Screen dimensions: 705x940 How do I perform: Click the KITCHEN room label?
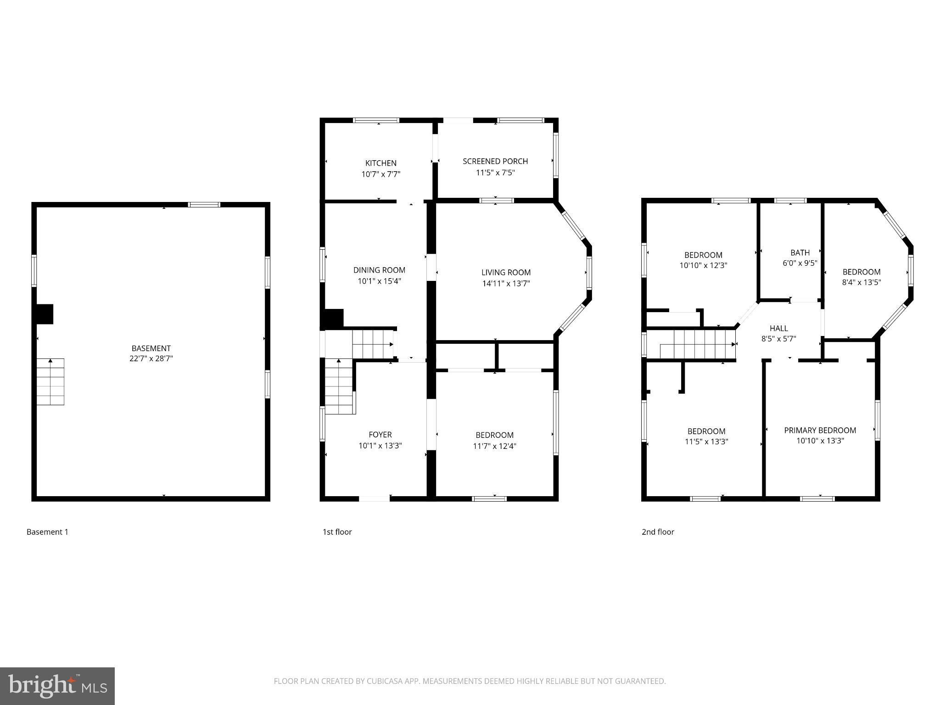click(380, 163)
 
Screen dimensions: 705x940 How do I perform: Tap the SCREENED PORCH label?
click(495, 161)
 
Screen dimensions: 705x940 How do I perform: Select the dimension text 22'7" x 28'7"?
click(151, 358)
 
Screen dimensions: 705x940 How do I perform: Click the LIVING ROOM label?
click(506, 272)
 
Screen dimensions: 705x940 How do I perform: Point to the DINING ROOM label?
click(379, 270)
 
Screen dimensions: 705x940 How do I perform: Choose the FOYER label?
click(380, 434)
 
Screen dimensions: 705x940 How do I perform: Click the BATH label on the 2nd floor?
click(800, 252)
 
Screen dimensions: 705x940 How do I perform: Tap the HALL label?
click(778, 328)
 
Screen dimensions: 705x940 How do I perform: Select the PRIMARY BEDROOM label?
click(820, 430)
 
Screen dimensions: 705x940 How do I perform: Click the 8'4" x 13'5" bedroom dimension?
click(861, 282)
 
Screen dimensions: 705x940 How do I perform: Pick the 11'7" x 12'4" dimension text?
click(494, 446)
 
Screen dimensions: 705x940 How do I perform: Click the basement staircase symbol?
click(50, 382)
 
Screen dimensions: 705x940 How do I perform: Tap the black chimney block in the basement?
click(45, 314)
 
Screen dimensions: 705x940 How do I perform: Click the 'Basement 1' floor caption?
click(47, 532)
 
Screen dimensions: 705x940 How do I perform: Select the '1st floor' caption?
click(337, 532)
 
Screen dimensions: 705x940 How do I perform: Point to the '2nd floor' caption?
click(657, 532)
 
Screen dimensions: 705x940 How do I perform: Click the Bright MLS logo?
click(57, 686)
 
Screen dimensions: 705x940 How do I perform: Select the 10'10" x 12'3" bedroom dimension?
click(703, 265)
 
